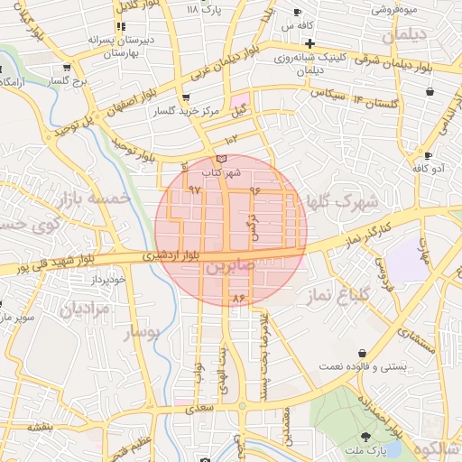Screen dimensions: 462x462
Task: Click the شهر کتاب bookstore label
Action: pyautogui.click(x=222, y=171)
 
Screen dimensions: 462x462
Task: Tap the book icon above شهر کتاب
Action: pyautogui.click(x=222, y=159)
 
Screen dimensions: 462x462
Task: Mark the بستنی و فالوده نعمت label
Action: pyautogui.click(x=363, y=367)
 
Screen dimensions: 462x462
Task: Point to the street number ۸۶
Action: pyautogui.click(x=239, y=297)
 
